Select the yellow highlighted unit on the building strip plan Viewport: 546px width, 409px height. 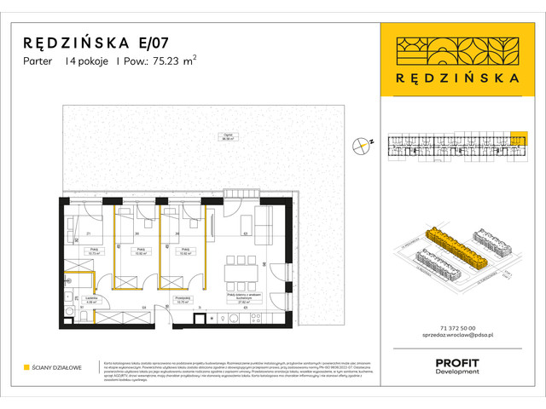tap(517, 138)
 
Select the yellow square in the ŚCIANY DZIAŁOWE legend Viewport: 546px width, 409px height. tap(26, 367)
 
